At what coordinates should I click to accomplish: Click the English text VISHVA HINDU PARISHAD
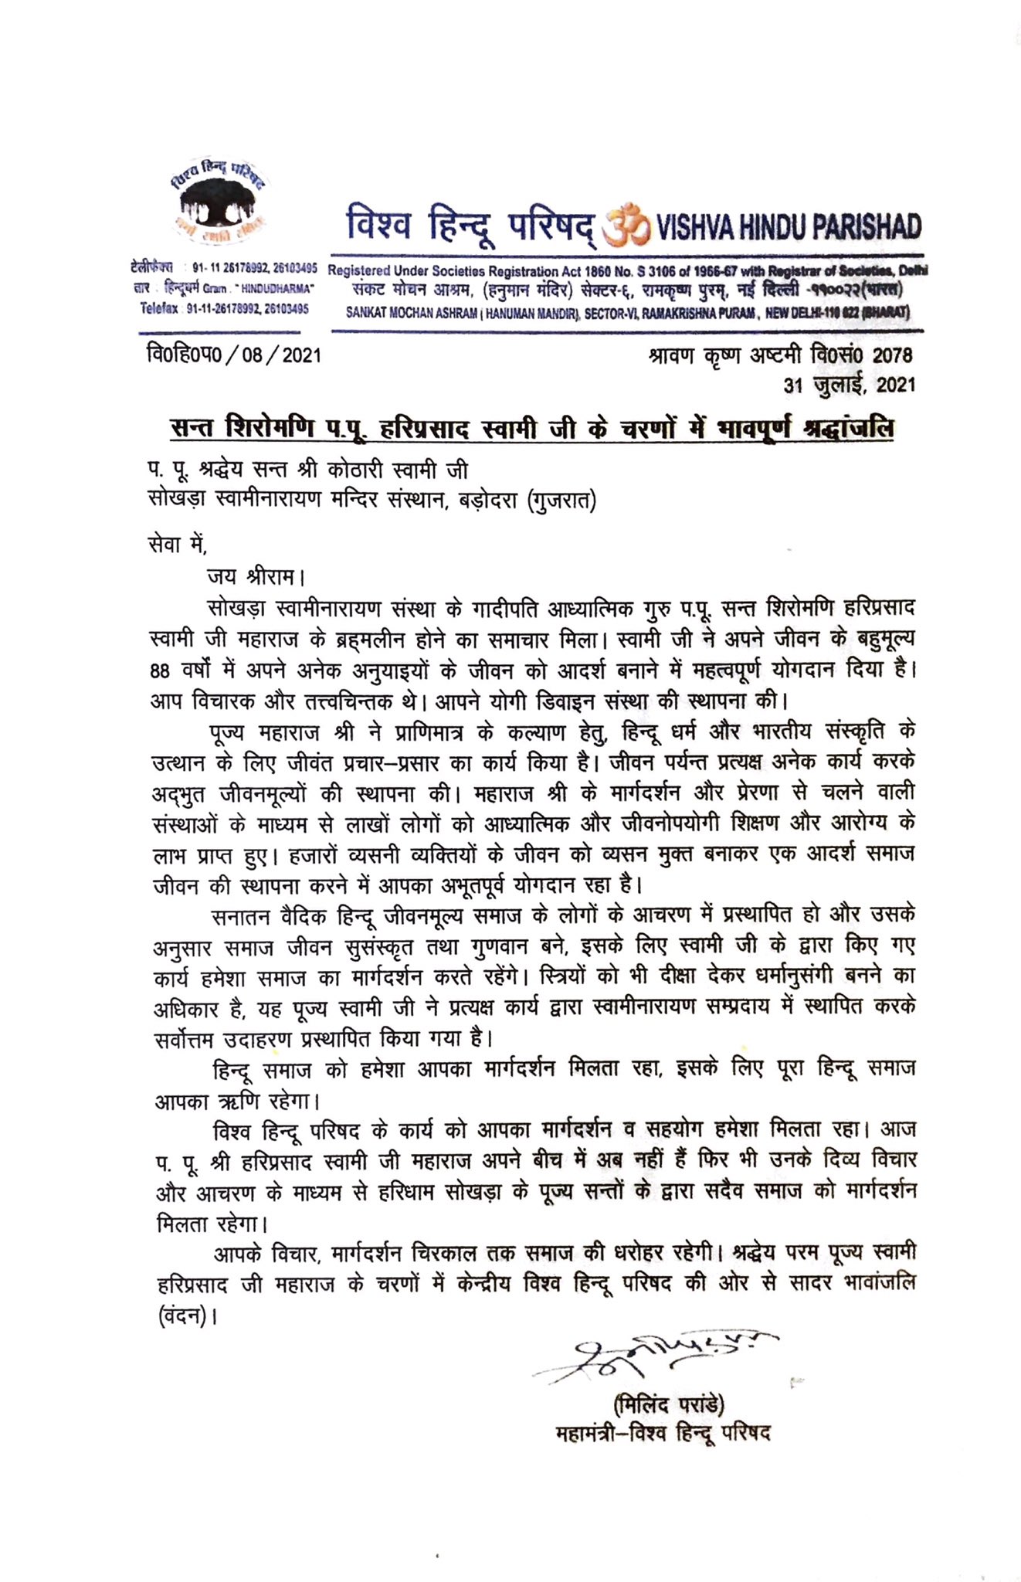(x=788, y=226)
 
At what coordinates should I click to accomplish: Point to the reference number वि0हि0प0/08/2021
(x=232, y=356)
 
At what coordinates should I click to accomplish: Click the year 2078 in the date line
(x=892, y=355)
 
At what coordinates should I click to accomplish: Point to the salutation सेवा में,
(x=178, y=545)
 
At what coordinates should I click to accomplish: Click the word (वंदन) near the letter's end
(x=185, y=1316)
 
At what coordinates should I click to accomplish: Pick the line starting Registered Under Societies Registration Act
(x=627, y=271)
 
